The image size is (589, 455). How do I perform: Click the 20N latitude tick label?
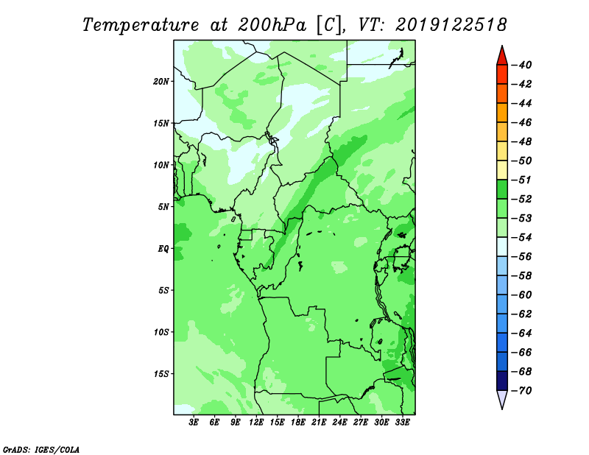[161, 82]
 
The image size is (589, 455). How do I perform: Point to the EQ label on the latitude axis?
[163, 249]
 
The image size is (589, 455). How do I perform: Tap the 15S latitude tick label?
[161, 374]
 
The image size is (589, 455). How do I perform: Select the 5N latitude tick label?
[163, 207]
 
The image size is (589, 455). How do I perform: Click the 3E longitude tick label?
[194, 423]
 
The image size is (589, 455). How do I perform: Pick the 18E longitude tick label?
[298, 423]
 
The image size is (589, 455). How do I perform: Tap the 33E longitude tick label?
[402, 423]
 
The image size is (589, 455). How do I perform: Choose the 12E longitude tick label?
[256, 423]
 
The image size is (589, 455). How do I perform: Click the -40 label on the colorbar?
[522, 65]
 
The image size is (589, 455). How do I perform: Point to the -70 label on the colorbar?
[522, 391]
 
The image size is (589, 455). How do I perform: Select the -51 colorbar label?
[522, 180]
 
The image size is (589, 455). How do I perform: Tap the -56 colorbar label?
[522, 257]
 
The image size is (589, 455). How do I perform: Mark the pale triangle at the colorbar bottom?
[502, 398]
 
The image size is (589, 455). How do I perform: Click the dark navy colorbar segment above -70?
[502, 381]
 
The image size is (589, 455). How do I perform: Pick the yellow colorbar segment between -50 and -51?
[502, 170]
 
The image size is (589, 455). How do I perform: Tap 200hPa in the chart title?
[272, 25]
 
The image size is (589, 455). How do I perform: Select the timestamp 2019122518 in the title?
[451, 25]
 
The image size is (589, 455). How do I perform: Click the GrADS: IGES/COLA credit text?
[41, 450]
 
